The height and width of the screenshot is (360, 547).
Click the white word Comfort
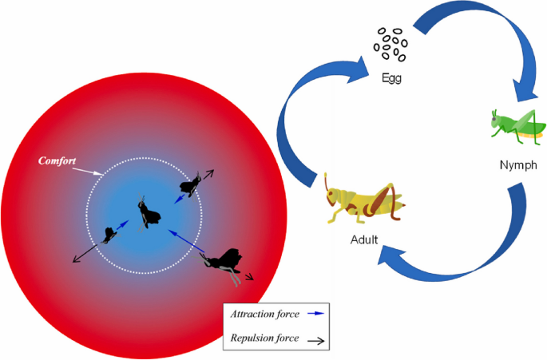(x=57, y=161)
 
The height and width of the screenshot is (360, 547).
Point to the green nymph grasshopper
(x=517, y=126)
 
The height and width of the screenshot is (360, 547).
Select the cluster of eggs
(x=390, y=44)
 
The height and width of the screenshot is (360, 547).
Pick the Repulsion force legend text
(x=264, y=338)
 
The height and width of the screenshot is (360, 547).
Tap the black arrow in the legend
(x=316, y=339)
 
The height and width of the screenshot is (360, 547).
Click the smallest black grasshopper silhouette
(x=109, y=235)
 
